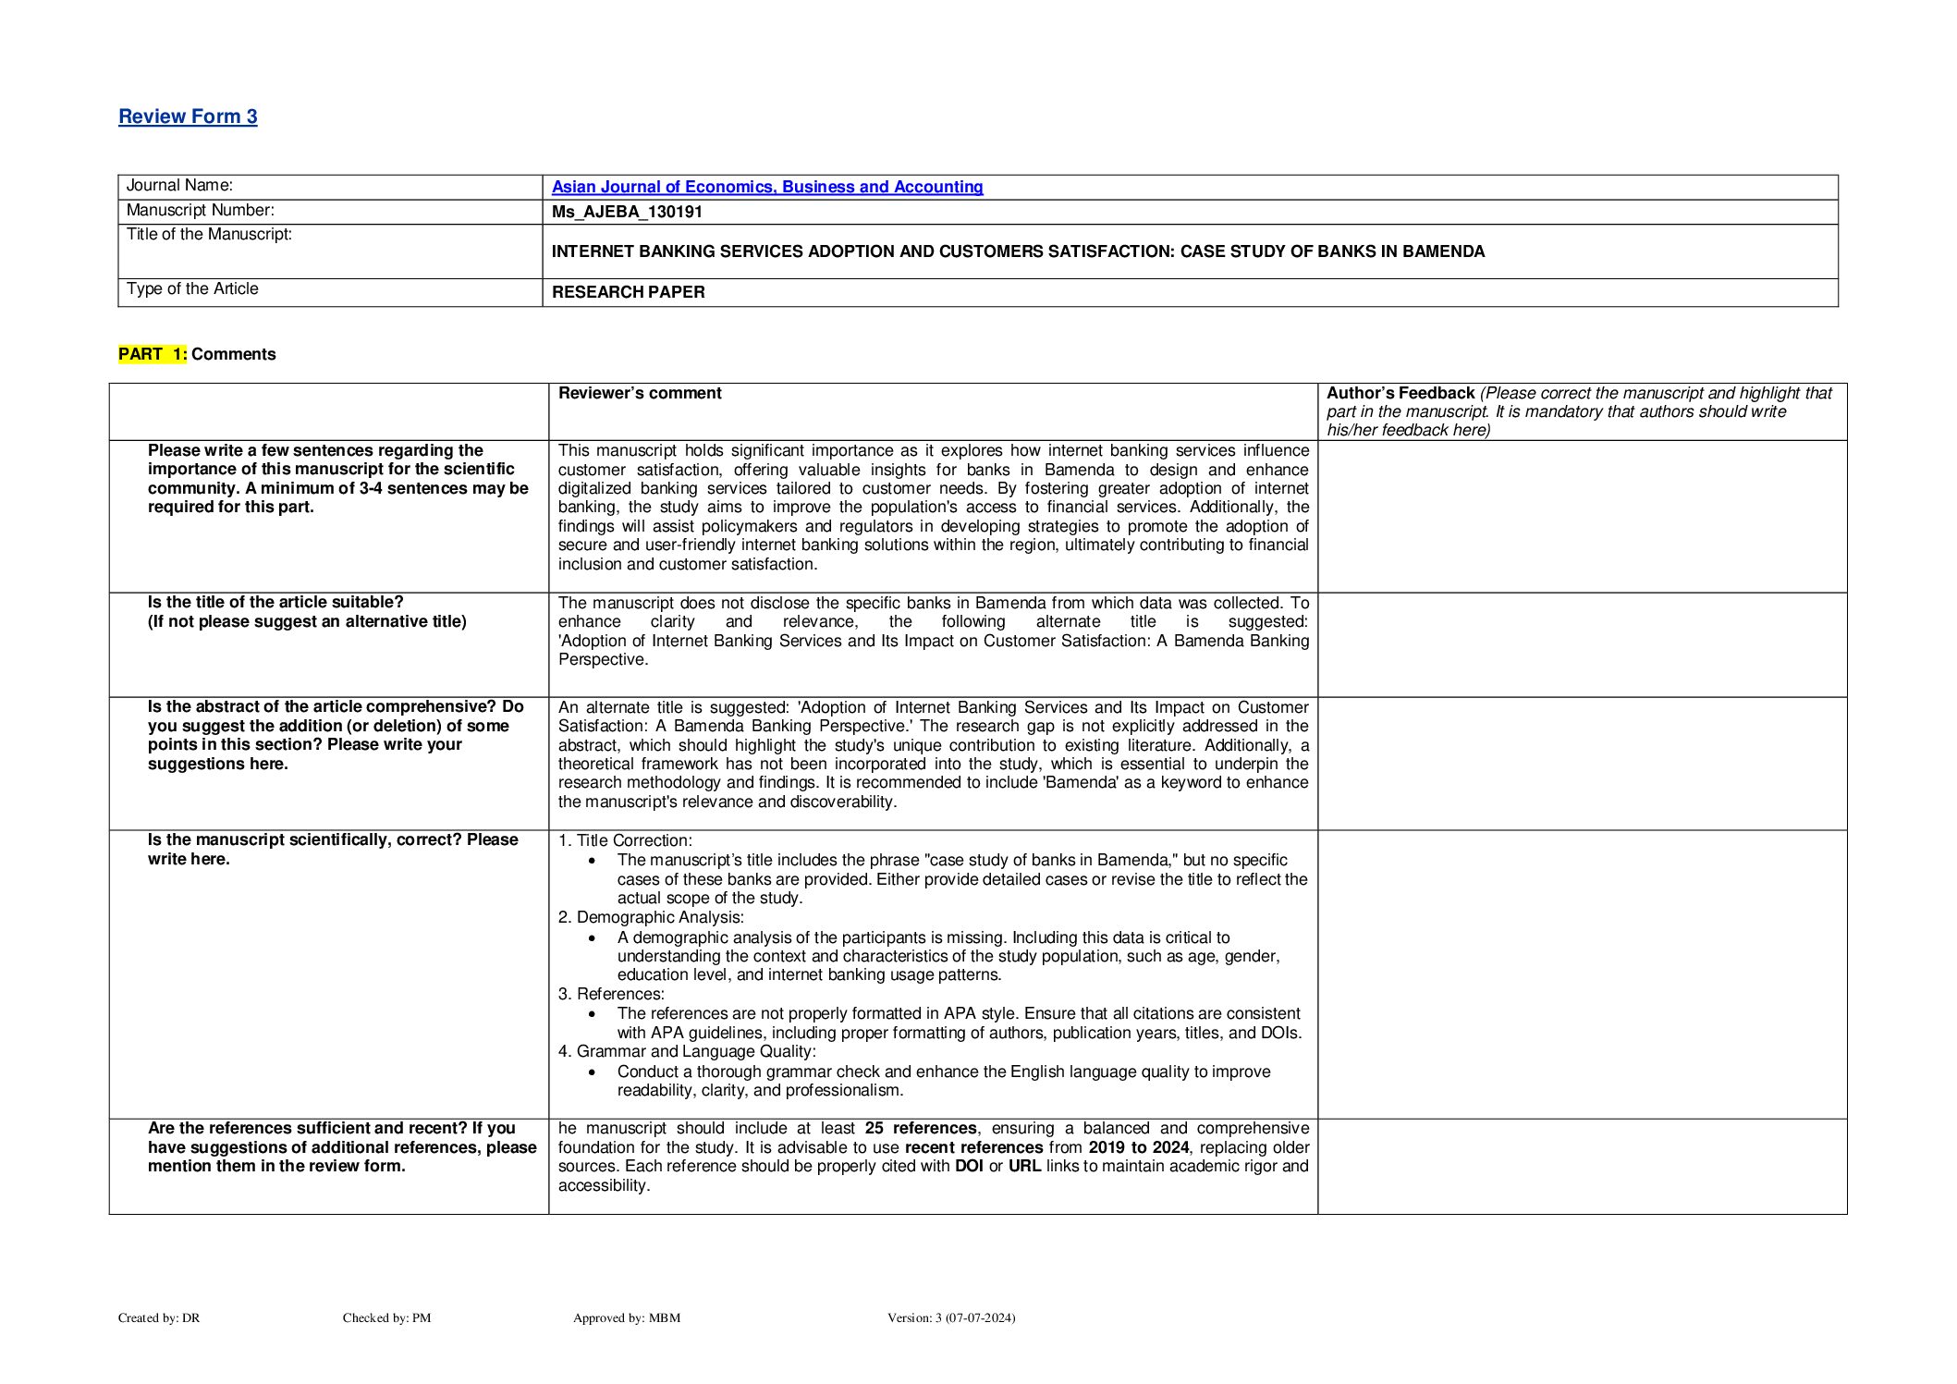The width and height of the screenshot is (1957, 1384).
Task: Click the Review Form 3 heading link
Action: coord(188,116)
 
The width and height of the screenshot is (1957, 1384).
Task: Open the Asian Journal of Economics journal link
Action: coord(766,187)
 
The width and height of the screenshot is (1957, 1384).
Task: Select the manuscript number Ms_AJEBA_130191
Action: coord(627,212)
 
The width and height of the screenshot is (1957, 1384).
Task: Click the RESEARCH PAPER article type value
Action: coord(628,292)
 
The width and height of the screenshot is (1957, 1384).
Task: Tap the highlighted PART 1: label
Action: coord(153,354)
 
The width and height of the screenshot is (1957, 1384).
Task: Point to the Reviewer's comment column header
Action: coord(640,393)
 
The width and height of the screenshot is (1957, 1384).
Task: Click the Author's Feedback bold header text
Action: coord(1400,393)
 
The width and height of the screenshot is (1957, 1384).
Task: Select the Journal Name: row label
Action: coord(179,186)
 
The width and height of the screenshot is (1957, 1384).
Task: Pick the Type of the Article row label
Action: coord(192,289)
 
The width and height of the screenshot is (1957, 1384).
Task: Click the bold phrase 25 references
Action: coord(920,1128)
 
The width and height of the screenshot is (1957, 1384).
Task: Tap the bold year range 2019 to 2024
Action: coord(1138,1147)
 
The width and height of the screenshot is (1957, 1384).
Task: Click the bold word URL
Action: coord(1024,1166)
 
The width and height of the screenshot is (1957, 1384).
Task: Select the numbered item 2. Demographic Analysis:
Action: coord(651,917)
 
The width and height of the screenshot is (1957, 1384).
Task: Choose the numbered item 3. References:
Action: coord(611,994)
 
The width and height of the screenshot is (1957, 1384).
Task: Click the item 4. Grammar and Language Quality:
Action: coord(687,1051)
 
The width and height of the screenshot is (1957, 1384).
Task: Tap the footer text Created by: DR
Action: coord(159,1317)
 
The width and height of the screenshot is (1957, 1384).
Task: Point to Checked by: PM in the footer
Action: coord(386,1317)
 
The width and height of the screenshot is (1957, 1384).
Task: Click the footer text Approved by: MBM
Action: coord(626,1317)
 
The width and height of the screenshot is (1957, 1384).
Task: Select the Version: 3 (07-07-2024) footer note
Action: coord(950,1317)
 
